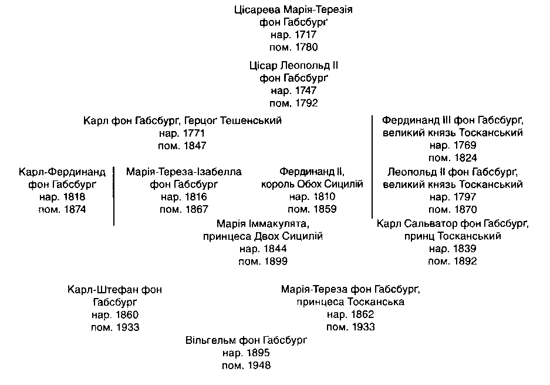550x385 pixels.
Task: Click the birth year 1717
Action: point(305,35)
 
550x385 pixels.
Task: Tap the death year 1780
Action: point(306,48)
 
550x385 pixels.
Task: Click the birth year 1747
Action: point(305,91)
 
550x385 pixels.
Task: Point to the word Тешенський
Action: point(251,120)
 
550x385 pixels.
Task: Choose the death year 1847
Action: point(195,146)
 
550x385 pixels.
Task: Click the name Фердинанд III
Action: point(416,120)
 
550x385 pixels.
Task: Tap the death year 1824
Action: point(465,158)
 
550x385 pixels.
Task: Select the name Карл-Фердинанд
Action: point(62,172)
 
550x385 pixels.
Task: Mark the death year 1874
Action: point(75,210)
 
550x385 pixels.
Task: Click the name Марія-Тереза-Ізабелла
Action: point(184,172)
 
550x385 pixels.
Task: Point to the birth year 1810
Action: point(324,197)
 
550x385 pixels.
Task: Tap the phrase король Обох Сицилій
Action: point(312,185)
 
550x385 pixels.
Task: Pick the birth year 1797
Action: point(465,197)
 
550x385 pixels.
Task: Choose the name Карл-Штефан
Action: point(103,290)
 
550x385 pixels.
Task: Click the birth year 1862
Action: point(362,314)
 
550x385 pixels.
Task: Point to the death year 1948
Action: point(259,366)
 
